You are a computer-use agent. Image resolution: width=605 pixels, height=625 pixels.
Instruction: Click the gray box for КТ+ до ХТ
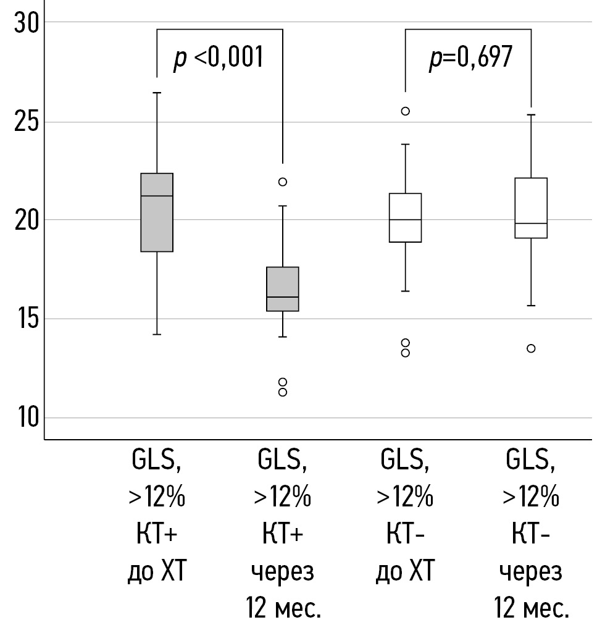click(x=157, y=212)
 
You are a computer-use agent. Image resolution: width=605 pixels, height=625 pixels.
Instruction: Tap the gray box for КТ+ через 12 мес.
click(x=282, y=289)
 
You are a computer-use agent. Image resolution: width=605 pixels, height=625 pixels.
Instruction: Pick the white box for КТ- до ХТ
click(x=405, y=217)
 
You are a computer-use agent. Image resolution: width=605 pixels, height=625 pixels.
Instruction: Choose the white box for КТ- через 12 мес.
click(x=531, y=208)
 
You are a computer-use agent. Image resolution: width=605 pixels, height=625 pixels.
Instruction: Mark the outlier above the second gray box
click(x=282, y=182)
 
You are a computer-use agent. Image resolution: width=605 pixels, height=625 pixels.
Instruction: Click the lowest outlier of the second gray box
click(x=282, y=392)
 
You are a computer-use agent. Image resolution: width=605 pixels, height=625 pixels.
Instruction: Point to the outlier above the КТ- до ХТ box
click(x=405, y=111)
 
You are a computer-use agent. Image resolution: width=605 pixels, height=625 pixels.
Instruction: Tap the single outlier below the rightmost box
click(x=531, y=348)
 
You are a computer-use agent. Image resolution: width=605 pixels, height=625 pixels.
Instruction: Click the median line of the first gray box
click(x=157, y=196)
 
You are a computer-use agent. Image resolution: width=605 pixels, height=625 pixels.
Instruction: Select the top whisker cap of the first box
click(x=157, y=93)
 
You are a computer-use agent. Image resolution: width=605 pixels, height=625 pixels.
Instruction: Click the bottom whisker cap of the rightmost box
click(x=531, y=306)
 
